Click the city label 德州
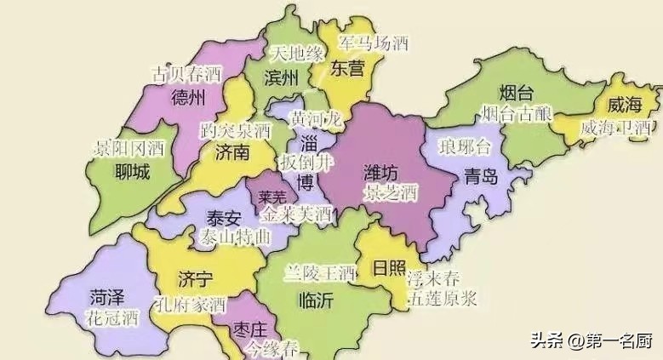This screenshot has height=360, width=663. pos(188,97)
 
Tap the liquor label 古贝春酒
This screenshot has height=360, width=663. pos(186,74)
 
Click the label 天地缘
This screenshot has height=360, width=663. pos(297,54)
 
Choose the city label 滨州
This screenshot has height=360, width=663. pos(282,78)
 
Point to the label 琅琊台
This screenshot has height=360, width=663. pos(465,147)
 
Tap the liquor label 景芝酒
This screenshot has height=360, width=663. pos(390,191)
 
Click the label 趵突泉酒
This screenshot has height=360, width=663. pos(235,131)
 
